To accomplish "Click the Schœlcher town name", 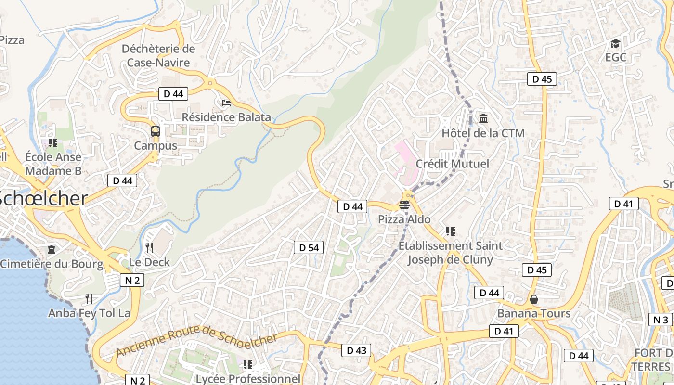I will [43, 199].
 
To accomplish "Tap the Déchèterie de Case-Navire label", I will [158, 56].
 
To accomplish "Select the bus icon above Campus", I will [156, 131].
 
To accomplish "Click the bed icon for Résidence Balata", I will [226, 103].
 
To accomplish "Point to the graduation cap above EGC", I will [615, 44].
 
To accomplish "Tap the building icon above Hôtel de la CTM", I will [483, 118].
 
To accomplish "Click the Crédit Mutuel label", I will [452, 164].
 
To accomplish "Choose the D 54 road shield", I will [309, 248].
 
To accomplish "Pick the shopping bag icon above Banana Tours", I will [533, 299].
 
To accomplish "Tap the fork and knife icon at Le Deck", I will [149, 248].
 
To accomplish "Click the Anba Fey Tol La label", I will [89, 313].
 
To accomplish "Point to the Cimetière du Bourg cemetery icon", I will [52, 250].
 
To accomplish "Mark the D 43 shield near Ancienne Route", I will [356, 350].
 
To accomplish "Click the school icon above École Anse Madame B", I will [53, 142].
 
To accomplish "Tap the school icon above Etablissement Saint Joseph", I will [450, 231].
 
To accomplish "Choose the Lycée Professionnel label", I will [247, 379].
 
